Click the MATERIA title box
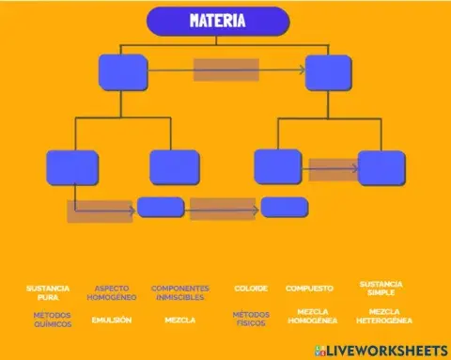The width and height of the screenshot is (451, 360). tap(218, 21)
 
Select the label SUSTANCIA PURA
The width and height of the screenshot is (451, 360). tap(48, 291)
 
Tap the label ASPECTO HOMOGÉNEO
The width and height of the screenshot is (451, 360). tap(112, 291)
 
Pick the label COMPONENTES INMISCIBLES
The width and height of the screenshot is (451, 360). tap(179, 291)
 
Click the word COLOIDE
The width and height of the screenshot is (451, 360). tap(251, 288)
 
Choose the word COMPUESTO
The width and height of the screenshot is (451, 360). tap(309, 288)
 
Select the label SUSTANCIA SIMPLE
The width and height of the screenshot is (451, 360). tap(381, 287)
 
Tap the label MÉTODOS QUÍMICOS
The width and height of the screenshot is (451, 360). tap(52, 320)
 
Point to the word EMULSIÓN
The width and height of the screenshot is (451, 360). tap(112, 320)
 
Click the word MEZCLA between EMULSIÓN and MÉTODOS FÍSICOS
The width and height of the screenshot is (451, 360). tap(179, 320)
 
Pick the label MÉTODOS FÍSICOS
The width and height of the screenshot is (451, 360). tap(251, 319)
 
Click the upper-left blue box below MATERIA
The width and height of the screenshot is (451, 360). tap(123, 72)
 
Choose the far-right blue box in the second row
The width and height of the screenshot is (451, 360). tap(381, 167)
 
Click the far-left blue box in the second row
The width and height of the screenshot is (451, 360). tap(72, 167)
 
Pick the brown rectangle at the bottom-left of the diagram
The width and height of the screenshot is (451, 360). tap(100, 211)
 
